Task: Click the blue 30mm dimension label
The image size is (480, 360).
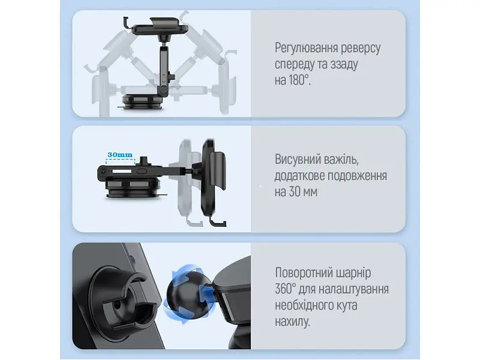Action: coord(120,155)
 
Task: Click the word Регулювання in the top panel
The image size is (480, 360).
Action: coord(306,49)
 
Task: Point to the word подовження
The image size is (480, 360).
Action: coord(357,176)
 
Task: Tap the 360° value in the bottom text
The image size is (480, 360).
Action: coord(286,289)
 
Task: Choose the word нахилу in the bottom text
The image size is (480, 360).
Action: coord(292,322)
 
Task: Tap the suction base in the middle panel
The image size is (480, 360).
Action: coord(133,188)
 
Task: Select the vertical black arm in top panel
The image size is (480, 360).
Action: coord(164,70)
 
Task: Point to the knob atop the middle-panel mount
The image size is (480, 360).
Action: coord(143,161)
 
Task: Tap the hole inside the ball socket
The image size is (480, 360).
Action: coord(117,305)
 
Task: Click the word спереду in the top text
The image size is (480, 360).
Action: coord(293,64)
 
